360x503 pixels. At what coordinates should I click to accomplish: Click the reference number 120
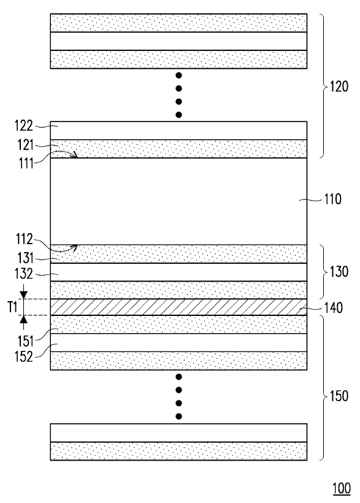[x=339, y=86]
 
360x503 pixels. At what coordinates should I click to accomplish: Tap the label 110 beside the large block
[x=332, y=199]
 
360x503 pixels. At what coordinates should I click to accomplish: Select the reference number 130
[x=339, y=272]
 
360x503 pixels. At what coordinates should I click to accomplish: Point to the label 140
[x=334, y=308]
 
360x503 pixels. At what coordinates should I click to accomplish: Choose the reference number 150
[x=339, y=396]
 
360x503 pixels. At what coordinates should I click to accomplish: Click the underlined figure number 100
[x=342, y=488]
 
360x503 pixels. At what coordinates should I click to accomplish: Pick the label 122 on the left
[x=24, y=126]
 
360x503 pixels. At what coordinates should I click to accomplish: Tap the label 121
[x=25, y=145]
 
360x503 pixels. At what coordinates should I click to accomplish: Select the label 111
[x=26, y=164]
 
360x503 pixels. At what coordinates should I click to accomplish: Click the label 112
[x=25, y=239]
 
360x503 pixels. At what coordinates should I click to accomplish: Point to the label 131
[x=25, y=258]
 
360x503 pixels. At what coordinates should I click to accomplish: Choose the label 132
[x=24, y=274]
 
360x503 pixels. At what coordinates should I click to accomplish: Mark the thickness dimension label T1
[x=12, y=307]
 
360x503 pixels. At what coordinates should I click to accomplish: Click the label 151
[x=25, y=341]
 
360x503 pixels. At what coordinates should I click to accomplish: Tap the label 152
[x=24, y=356]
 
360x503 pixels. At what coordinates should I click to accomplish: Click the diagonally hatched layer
[x=178, y=307]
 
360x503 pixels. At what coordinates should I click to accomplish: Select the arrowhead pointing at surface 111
[x=75, y=155]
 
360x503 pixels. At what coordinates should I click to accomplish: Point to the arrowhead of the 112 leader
[x=74, y=247]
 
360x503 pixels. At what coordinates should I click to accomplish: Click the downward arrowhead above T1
[x=23, y=295]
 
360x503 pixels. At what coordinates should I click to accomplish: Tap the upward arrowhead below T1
[x=23, y=320]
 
